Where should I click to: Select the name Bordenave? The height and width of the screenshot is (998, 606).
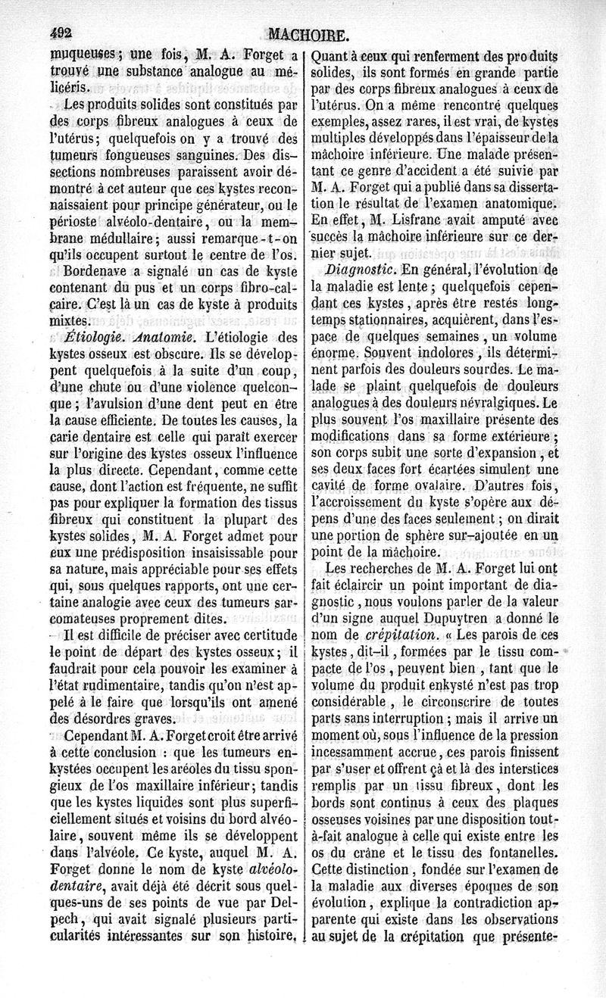97,270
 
